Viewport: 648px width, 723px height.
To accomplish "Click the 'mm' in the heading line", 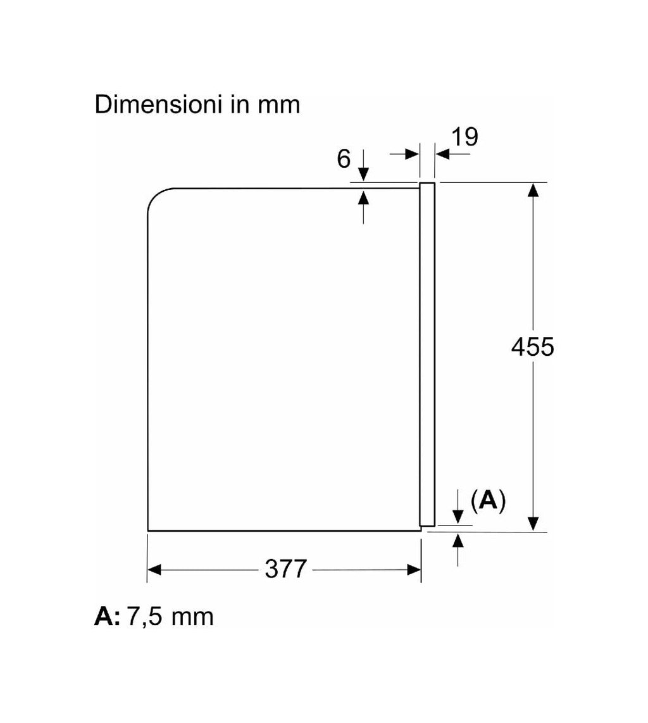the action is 279,106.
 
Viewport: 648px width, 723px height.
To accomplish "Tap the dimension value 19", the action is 464,137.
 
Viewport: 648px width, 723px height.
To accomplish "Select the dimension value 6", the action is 344,159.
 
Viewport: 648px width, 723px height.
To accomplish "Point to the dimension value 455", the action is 532,346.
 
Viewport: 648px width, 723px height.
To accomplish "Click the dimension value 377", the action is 286,569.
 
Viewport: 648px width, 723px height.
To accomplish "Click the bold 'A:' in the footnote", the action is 107,616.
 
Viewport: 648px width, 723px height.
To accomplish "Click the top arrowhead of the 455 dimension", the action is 533,189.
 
